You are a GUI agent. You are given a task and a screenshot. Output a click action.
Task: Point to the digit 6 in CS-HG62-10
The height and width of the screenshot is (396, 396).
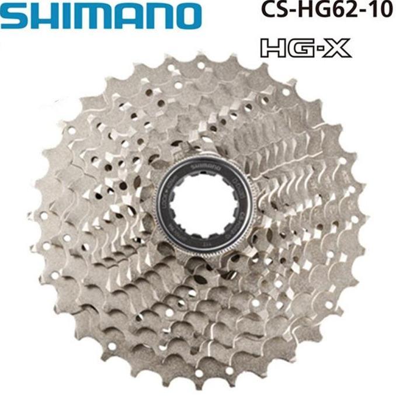[x=340, y=12]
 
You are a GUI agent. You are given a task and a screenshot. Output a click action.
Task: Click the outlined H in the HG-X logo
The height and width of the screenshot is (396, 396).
[x=275, y=48]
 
